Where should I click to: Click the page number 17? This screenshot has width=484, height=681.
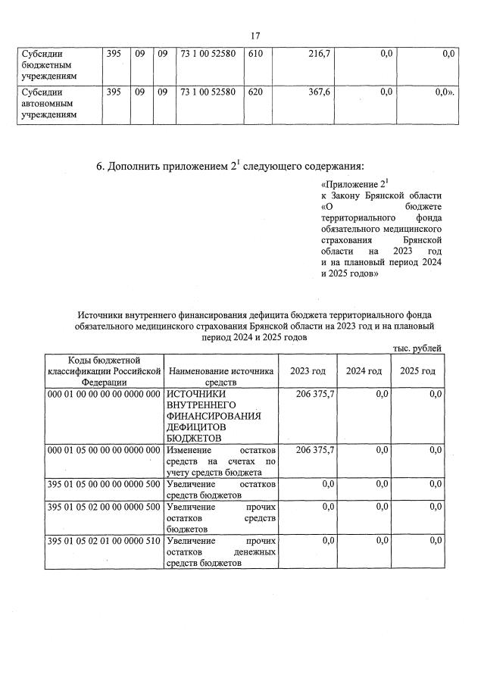(255, 35)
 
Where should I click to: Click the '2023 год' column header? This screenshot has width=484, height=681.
(308, 371)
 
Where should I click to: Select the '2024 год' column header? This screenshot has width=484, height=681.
(364, 371)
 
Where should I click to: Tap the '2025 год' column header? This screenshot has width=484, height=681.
(417, 371)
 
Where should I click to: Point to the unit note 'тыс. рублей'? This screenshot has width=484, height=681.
(417, 348)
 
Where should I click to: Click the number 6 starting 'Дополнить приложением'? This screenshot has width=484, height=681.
(99, 166)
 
